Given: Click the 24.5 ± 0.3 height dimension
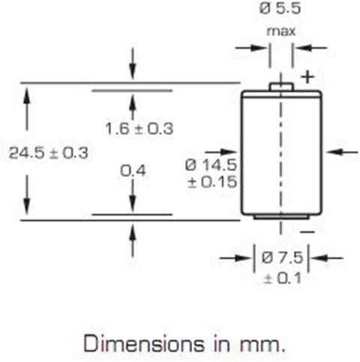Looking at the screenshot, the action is point(49,153).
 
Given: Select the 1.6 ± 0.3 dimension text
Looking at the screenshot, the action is point(139,128).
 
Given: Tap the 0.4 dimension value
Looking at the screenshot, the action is point(133,171).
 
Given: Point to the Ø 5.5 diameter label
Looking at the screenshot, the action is point(280,9).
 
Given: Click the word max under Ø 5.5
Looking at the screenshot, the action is point(281,32).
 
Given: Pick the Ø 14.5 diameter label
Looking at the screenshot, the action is point(211,165).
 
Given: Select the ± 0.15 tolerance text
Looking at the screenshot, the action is point(212,182).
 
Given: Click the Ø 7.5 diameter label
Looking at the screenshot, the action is point(282,258).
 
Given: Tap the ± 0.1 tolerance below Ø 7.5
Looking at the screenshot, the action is point(282,278).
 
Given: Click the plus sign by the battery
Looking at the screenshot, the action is point(307,77).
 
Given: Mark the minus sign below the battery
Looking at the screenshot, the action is point(307,232).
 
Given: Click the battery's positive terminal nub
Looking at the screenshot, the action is point(281,86).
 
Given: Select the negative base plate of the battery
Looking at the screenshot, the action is point(281,217).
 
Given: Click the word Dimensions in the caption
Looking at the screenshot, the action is point(144,344).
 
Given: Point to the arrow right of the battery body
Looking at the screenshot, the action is point(343,152).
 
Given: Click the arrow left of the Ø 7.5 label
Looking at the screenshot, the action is point(235,258).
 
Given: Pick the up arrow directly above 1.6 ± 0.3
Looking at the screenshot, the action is point(133,107).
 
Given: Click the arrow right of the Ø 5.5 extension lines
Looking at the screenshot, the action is point(310,47).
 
